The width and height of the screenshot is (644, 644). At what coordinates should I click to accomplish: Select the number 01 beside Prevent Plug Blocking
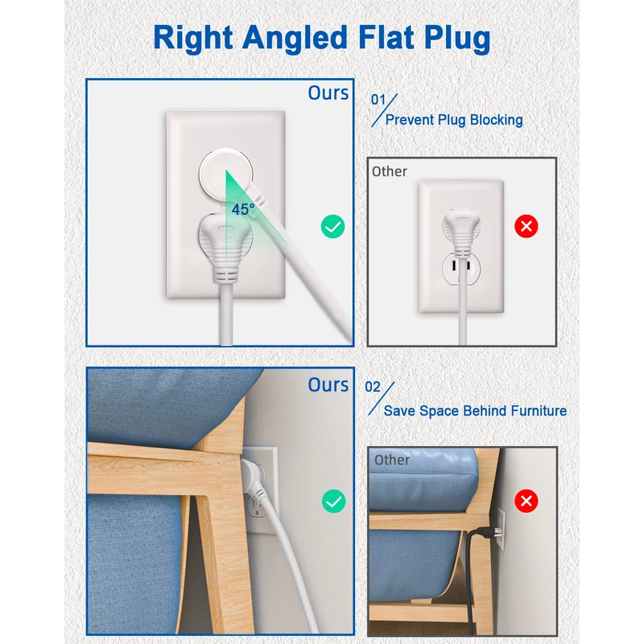(378, 100)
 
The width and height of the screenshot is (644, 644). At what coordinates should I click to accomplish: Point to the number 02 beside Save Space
(373, 387)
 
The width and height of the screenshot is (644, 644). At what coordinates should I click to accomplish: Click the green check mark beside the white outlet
(332, 226)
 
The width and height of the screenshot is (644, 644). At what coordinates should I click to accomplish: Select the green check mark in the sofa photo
(332, 502)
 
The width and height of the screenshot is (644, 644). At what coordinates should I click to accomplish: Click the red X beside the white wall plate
(526, 226)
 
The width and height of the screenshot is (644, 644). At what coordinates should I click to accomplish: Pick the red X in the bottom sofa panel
(526, 502)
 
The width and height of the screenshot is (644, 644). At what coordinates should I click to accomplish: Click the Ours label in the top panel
(328, 93)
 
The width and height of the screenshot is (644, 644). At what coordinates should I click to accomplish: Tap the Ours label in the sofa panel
(328, 385)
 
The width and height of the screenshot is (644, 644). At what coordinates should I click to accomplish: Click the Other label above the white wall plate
(390, 171)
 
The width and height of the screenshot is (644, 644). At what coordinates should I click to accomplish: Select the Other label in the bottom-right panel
(392, 460)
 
